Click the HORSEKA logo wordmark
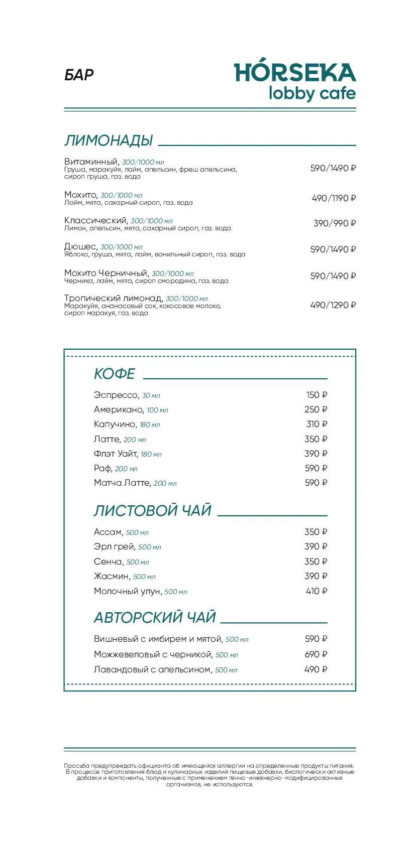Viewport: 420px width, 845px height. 295,73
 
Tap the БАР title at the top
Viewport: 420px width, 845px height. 79,75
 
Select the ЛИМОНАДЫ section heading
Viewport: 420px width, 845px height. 109,140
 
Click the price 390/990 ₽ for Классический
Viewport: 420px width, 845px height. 334,223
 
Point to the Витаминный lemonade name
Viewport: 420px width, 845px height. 91,162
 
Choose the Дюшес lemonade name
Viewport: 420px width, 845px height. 80,246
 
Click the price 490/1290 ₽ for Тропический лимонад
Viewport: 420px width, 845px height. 333,305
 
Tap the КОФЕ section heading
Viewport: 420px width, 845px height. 115,374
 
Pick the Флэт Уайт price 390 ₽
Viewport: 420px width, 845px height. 316,454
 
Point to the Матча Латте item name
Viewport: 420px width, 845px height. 122,483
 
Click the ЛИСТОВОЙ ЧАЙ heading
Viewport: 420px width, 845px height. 152,510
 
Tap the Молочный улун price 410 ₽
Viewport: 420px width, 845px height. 316,591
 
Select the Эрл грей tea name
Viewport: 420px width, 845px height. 115,546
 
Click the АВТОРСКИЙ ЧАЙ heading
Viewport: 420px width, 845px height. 155,617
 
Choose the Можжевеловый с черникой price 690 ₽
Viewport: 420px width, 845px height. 316,654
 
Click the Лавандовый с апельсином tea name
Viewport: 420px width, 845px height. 152,669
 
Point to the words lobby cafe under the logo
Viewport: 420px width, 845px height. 311,94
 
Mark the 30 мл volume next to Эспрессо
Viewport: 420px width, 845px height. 151,396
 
